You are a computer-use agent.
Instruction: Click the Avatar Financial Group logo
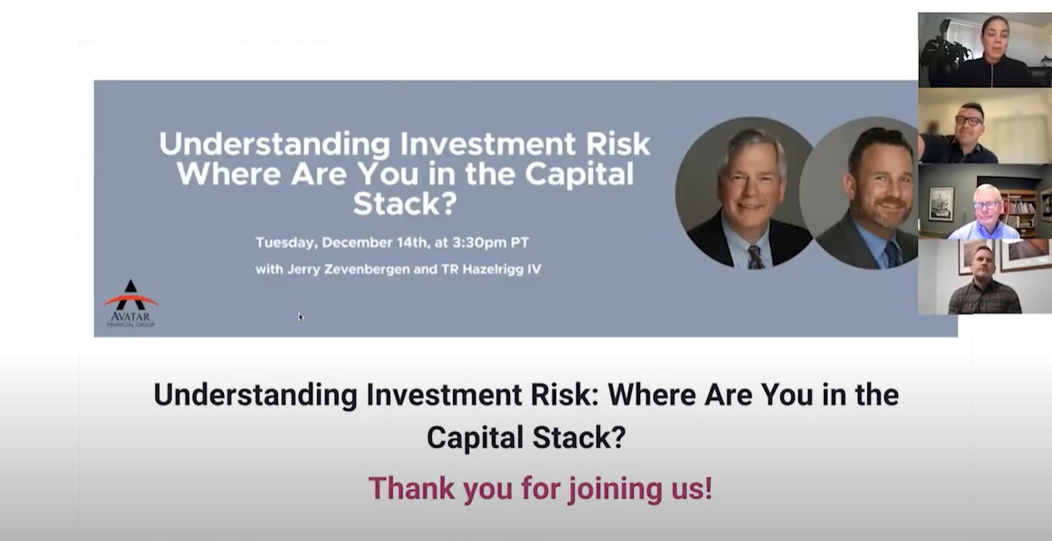[x=130, y=303]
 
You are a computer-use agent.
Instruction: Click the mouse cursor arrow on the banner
[x=300, y=316]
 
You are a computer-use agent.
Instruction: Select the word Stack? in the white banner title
[x=405, y=202]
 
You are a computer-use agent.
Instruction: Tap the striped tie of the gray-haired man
[x=754, y=256]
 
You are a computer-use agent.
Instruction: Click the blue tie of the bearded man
[x=890, y=254]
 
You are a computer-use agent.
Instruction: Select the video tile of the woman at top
[x=984, y=50]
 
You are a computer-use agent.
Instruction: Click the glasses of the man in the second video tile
[x=968, y=120]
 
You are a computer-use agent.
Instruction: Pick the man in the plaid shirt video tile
[x=984, y=278]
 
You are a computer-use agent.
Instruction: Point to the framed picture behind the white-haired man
[x=941, y=204]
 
